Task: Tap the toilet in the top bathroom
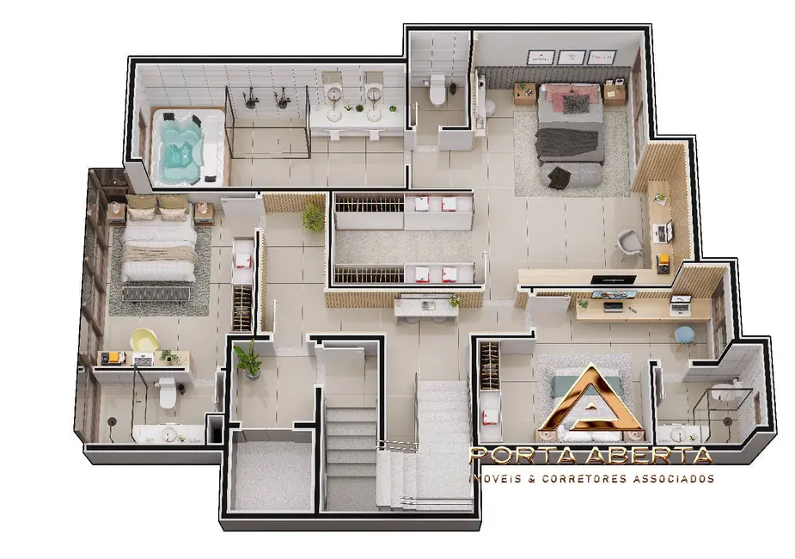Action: coord(438,90)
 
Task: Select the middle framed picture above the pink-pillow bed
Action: coord(572,58)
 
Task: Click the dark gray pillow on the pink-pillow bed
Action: coord(576,104)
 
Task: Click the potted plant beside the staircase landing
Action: coord(248,359)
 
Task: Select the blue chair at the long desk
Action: coord(684,334)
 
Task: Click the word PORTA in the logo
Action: coord(517,455)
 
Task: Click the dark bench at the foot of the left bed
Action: coord(157,294)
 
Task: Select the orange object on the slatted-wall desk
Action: coord(663,258)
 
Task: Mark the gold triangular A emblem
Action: coord(590,403)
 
